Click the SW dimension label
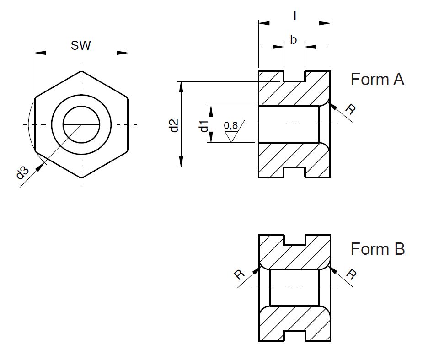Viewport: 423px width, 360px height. [x=81, y=45]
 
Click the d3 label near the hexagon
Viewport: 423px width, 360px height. [x=22, y=174]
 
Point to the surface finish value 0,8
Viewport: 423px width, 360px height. [x=230, y=125]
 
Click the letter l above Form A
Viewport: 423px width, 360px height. [x=295, y=16]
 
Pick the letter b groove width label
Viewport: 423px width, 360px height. [x=294, y=40]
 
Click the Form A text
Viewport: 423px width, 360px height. [x=377, y=79]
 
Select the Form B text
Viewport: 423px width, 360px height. [x=377, y=249]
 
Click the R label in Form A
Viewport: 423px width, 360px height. [x=350, y=109]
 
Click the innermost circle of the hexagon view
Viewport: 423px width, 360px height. [x=81, y=124]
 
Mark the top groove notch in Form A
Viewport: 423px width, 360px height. [x=294, y=76]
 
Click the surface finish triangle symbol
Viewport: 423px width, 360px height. [x=232, y=136]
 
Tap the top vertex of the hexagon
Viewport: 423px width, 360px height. [x=81, y=71]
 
